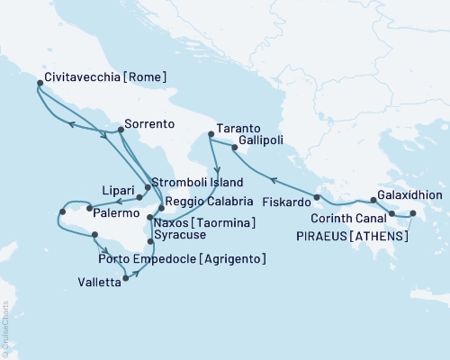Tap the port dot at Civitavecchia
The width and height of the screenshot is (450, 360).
(x=40, y=84)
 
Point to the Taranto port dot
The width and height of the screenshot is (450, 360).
(x=210, y=135)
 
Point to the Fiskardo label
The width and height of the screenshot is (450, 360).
(x=280, y=202)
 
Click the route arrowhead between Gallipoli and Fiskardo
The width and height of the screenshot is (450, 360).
(x=273, y=178)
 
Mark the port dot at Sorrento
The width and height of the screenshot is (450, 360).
(x=121, y=130)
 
